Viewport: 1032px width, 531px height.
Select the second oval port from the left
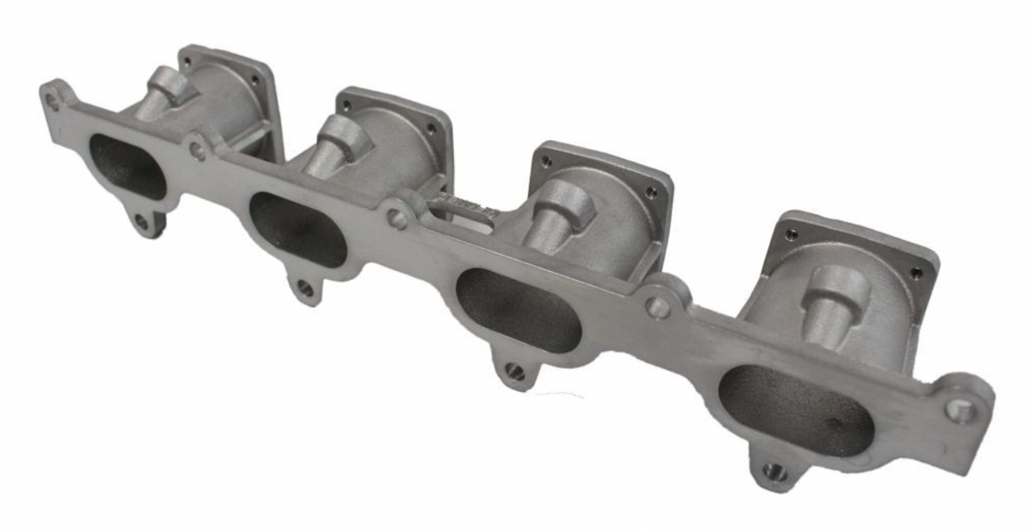(298, 229)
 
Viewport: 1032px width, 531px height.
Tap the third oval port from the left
(519, 310)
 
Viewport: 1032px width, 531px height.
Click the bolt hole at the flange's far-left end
(53, 101)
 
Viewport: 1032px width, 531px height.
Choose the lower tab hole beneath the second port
(304, 289)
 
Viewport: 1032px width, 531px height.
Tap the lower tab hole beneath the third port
(514, 371)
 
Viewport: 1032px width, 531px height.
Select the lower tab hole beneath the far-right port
(773, 471)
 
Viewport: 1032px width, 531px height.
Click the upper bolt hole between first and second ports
(197, 150)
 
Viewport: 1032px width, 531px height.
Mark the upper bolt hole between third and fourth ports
(657, 307)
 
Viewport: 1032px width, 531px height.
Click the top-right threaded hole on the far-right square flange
(916, 274)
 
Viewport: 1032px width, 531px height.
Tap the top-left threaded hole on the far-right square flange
(791, 234)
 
